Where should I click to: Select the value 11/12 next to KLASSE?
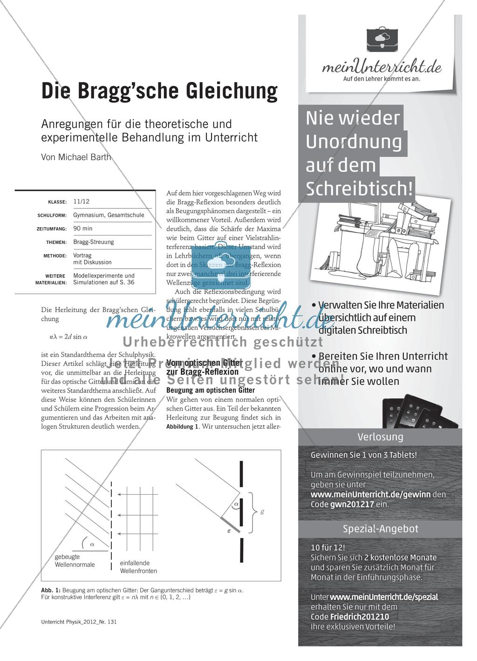click(x=81, y=202)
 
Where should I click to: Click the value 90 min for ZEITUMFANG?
click(x=83, y=229)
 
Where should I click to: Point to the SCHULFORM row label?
click(x=52, y=216)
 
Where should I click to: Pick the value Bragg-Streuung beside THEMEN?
click(x=94, y=242)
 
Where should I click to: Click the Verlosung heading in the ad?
click(x=380, y=437)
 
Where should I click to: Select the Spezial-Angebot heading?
click(x=380, y=529)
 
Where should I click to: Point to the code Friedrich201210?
click(x=360, y=617)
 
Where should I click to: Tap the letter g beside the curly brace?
click(x=262, y=512)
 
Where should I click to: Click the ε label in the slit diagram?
click(x=229, y=530)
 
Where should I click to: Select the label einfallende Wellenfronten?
click(x=138, y=567)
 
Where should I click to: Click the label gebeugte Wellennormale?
click(x=75, y=560)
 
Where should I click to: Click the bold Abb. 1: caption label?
click(x=51, y=590)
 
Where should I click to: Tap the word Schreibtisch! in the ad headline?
click(x=359, y=189)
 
